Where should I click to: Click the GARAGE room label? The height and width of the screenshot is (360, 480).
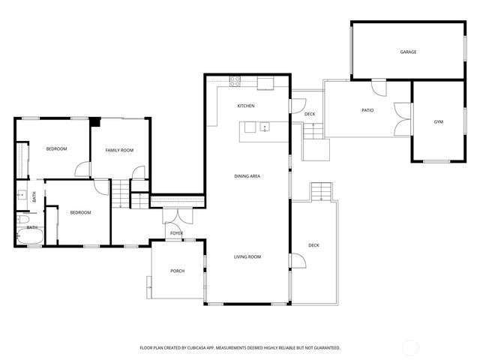(x=408, y=52)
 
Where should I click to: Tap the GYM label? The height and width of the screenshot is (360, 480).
(x=438, y=121)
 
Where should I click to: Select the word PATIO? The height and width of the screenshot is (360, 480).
(x=367, y=110)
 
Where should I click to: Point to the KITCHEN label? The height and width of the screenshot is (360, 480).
(x=246, y=106)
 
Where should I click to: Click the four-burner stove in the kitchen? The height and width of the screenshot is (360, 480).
(x=235, y=79)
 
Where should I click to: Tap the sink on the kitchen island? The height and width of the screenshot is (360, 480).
(x=265, y=127)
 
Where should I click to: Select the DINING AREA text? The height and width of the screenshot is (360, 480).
(x=247, y=176)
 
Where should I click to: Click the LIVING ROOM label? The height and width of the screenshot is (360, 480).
(x=247, y=257)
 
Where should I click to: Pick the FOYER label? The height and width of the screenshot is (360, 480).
(x=176, y=233)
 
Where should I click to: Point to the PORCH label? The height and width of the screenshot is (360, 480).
(x=177, y=271)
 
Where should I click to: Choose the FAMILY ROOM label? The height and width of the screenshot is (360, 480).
(x=119, y=151)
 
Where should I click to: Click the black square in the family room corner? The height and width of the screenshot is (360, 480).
(x=94, y=120)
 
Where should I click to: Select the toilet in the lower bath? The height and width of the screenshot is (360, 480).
(x=21, y=218)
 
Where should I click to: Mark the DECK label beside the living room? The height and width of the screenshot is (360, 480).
(x=313, y=245)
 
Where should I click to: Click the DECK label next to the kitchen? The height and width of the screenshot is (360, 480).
(x=310, y=114)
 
